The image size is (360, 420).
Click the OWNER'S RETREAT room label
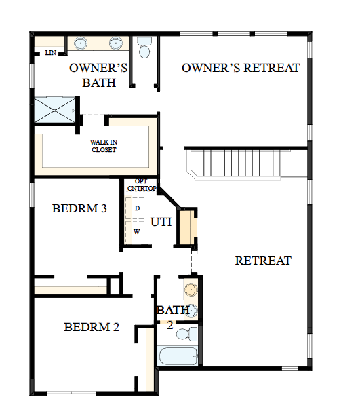pos(241,68)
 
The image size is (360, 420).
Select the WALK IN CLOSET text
pos(104,146)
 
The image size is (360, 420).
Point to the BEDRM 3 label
pos(79,208)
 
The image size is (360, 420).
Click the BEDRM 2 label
pos(92,327)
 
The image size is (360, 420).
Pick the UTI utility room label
pos(161,221)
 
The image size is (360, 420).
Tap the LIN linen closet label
pos(51,52)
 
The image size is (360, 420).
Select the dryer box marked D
pos(138,208)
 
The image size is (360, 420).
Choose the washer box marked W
pos(138,231)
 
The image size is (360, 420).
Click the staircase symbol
pos(235,164)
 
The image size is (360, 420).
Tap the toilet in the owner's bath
pos(144,50)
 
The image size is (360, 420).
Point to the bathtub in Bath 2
pos(178,356)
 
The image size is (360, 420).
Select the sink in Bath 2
pos(191,290)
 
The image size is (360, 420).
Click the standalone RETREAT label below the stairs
pos(263,260)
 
